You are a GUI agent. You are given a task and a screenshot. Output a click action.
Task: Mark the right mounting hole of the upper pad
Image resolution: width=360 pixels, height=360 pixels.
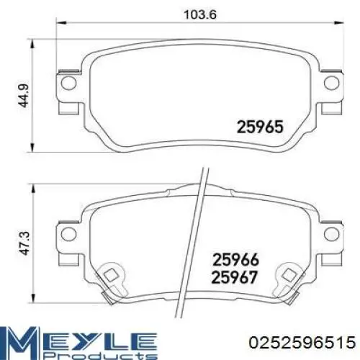[330, 84]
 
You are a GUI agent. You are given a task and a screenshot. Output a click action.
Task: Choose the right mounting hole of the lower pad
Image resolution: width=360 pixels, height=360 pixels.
[330, 234]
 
